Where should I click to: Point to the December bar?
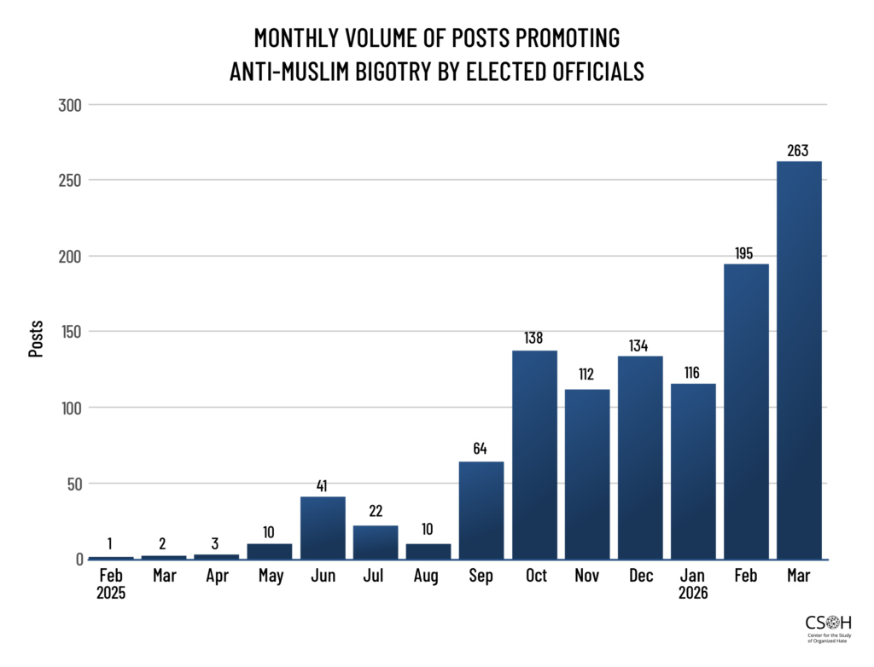tap(640, 457)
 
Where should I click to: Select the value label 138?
tap(534, 338)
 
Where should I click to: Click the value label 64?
tap(481, 449)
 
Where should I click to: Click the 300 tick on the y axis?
tap(69, 105)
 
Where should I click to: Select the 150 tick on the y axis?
tap(69, 332)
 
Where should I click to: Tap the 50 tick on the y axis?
tap(73, 484)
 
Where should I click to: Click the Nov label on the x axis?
tap(588, 577)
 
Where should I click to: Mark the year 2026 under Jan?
tap(693, 593)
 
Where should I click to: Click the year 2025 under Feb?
tap(111, 593)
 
